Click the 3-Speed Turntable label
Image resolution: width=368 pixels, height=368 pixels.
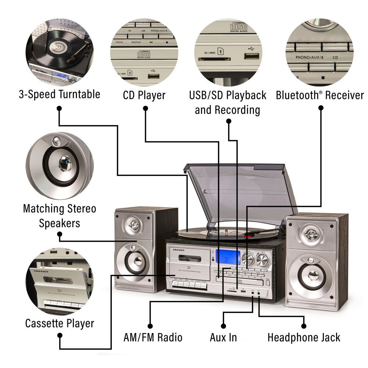59,94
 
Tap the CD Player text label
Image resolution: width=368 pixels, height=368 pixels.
144,95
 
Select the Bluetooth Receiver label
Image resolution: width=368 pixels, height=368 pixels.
319,95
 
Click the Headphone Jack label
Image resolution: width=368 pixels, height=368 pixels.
304,337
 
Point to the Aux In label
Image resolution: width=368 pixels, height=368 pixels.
223,337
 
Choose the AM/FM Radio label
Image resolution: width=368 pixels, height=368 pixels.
153,337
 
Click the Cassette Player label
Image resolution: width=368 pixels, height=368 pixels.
60,323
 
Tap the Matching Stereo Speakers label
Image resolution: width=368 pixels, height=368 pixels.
59,216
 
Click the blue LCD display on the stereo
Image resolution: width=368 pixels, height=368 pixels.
228,256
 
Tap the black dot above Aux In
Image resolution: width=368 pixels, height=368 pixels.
223,326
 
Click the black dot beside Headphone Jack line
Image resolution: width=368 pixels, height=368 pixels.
304,326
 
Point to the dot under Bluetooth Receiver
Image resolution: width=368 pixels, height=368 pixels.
321,108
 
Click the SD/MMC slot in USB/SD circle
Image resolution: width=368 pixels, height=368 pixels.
215,59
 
